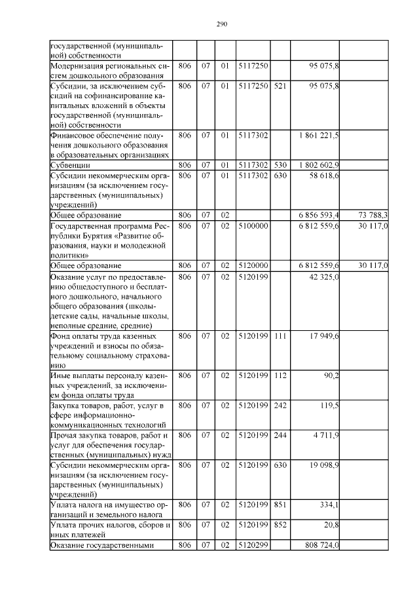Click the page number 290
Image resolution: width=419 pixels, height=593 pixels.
pos(221,24)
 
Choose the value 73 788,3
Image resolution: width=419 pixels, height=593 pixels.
pos(373,215)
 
